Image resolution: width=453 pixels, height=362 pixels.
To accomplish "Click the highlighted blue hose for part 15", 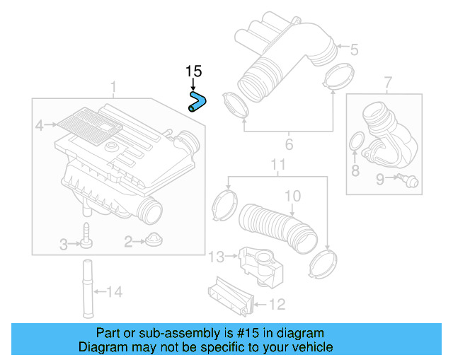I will point(197,101).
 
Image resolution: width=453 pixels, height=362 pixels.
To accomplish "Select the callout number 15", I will point(193,71).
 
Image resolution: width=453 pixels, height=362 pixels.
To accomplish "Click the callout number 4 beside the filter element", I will point(40,126).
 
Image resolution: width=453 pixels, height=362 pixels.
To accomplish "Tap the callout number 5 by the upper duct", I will point(354,49).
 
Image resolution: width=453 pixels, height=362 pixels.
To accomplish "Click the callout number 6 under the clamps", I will point(289,146).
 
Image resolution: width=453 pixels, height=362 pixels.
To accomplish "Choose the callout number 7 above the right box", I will point(388,86).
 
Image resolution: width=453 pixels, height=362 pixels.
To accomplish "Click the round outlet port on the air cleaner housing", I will point(150,210).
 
